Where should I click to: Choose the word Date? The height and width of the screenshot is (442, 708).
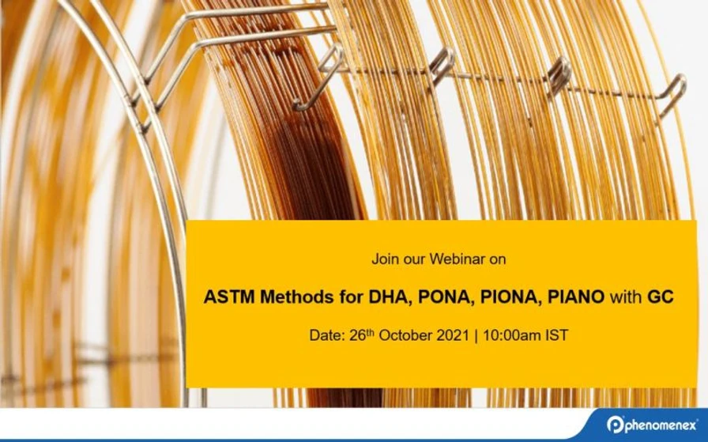point(325,335)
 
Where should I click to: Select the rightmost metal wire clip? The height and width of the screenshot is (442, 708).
point(672,93)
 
